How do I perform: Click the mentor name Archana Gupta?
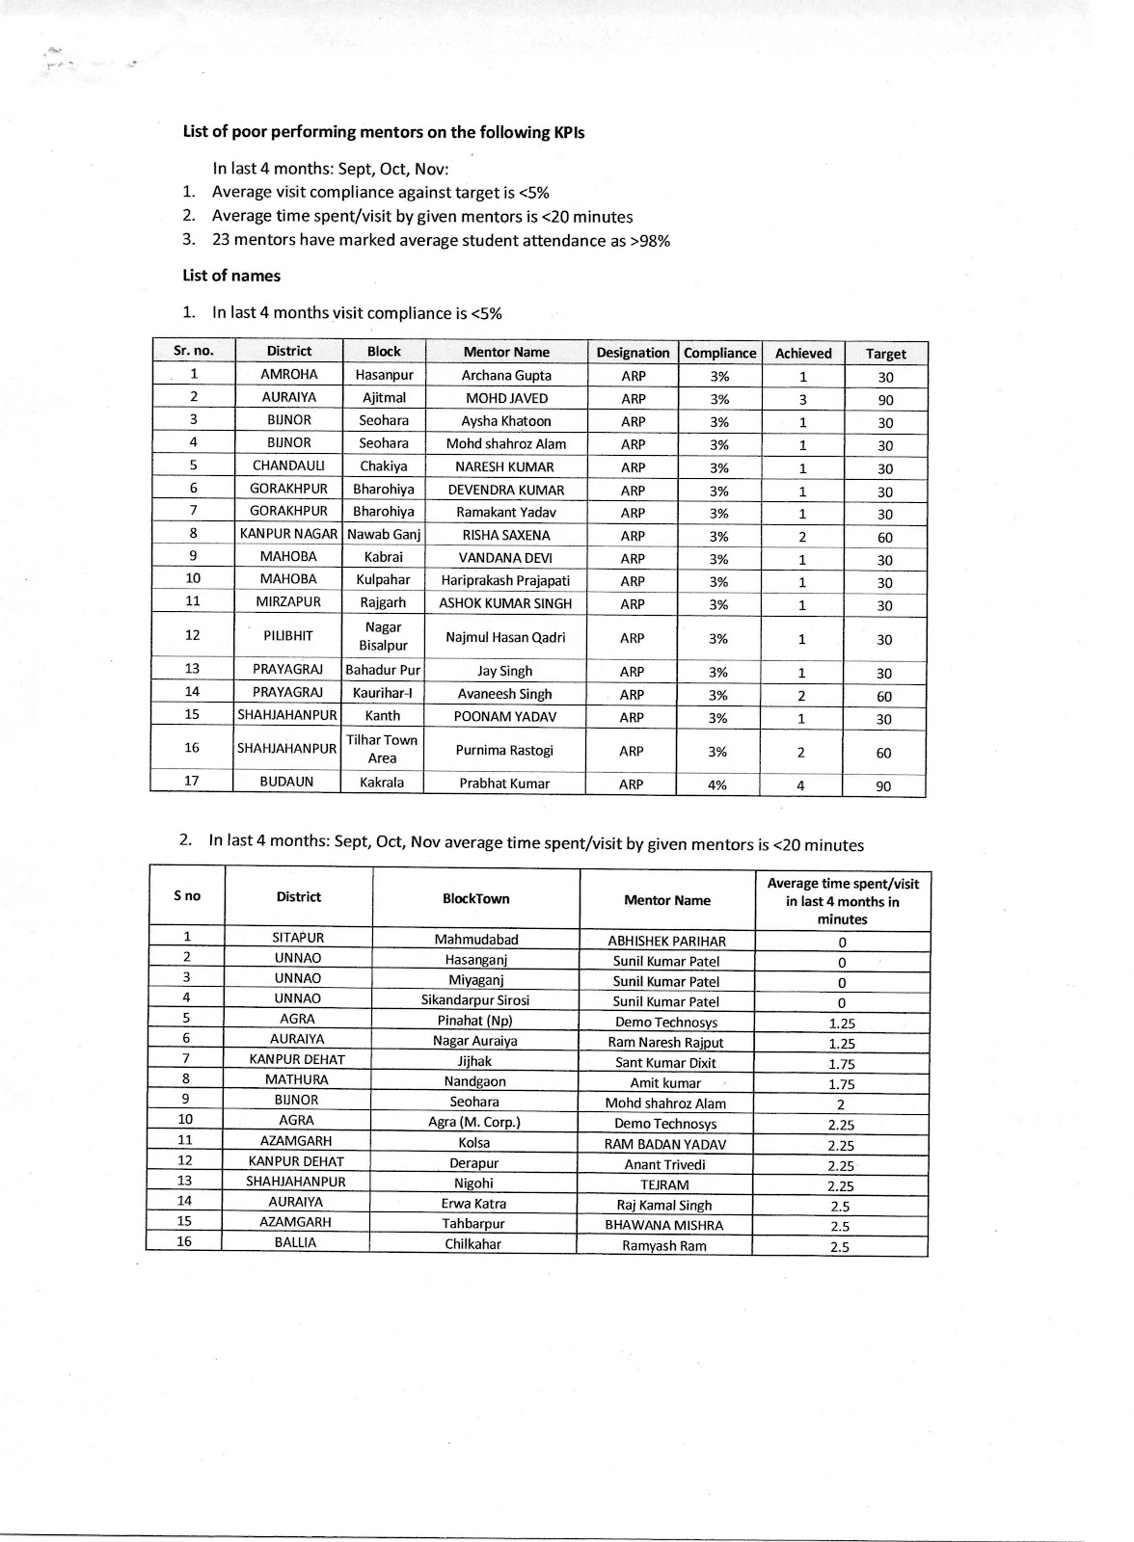(506, 376)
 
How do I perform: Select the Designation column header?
(633, 353)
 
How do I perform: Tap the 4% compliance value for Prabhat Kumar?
(718, 784)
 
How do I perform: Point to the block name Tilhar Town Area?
(382, 749)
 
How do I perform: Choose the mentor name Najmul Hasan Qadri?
(505, 637)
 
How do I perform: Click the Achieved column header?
(802, 354)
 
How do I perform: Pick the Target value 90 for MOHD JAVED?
(885, 400)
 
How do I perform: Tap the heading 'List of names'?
(231, 276)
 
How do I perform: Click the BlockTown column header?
(475, 898)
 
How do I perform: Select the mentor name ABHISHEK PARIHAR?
(666, 941)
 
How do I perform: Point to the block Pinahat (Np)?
(474, 1021)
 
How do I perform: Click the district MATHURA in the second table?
(297, 1079)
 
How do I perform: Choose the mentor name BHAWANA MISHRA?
(663, 1225)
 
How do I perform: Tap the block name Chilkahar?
(472, 1244)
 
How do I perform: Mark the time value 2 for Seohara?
(841, 1104)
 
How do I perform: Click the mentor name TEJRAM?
(663, 1184)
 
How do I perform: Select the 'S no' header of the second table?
(187, 896)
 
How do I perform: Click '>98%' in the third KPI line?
(649, 241)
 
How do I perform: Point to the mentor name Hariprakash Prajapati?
(505, 580)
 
